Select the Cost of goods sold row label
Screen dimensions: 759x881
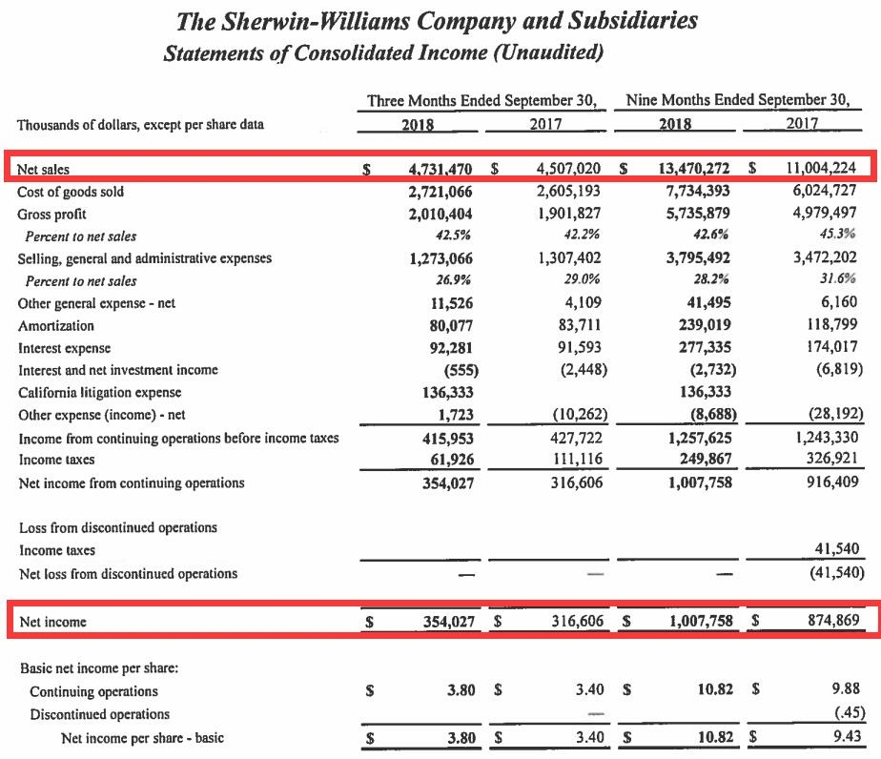click(x=71, y=192)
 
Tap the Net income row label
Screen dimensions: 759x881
click(x=52, y=622)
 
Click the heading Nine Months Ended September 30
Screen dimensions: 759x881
click(x=738, y=100)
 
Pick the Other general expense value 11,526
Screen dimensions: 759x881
click(x=447, y=303)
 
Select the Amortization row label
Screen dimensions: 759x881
click(x=56, y=325)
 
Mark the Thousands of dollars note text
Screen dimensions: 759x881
click(x=140, y=124)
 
